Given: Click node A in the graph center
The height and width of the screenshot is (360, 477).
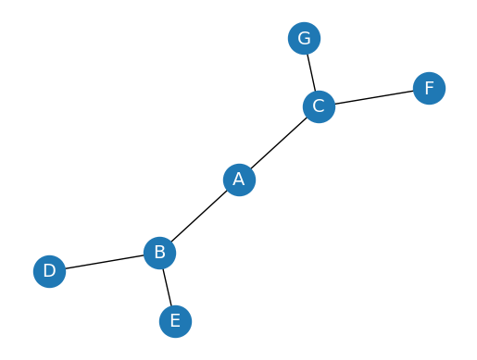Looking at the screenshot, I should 239,180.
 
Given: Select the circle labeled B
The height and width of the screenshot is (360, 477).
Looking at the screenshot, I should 159,252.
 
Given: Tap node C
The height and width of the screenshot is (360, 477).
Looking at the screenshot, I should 319,106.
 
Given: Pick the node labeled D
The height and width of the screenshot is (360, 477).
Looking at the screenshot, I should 49,272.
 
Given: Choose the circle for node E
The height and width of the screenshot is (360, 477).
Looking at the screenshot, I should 174,321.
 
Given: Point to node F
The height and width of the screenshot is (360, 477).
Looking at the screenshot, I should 429,88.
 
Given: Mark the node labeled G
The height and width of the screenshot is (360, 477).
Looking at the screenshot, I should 304,39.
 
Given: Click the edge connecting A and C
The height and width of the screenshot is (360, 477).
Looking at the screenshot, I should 279,143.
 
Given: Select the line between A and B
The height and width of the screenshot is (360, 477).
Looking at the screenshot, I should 199,216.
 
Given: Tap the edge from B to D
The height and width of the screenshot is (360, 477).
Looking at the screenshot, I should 104,262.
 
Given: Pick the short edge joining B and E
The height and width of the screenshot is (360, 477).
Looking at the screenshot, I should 167,286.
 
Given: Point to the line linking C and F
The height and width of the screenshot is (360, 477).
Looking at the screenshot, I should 373,97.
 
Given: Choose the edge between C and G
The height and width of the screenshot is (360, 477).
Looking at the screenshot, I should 311,72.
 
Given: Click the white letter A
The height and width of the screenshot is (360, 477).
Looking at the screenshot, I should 239,180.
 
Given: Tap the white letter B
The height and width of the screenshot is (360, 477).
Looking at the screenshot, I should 159,252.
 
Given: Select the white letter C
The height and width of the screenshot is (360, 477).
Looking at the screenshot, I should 319,106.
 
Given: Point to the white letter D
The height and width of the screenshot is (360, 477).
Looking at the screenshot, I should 49,272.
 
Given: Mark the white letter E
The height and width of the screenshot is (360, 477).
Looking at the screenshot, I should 174,321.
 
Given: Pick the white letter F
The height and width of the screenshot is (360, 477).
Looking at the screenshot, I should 429,88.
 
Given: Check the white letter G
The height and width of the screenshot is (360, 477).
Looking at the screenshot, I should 304,39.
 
